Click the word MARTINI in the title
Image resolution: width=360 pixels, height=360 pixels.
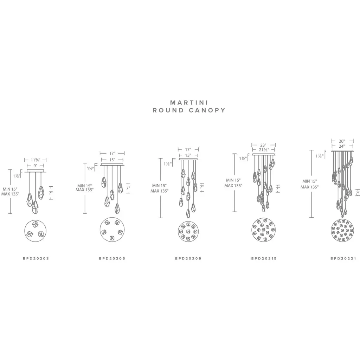189,102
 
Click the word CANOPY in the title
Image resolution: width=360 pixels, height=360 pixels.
207,110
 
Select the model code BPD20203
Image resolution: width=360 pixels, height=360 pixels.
36,258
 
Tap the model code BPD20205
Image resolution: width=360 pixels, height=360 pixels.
112,258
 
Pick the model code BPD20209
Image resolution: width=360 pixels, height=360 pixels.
188,258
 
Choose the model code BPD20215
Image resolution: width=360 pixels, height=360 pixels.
264,258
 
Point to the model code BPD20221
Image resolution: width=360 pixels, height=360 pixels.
343,258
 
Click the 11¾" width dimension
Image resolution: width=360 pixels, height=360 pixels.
36,160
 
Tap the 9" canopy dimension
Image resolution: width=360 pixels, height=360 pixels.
36,166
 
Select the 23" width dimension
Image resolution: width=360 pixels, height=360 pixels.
263,145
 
